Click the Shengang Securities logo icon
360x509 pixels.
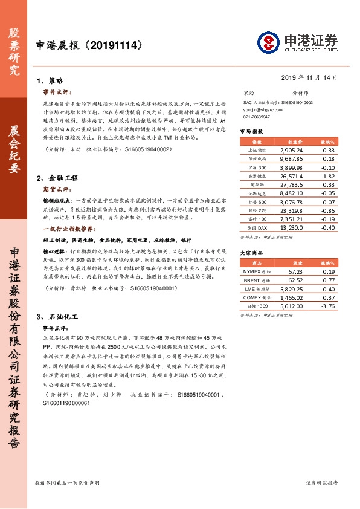268,42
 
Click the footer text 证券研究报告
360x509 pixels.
321,483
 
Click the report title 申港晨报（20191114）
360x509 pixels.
89,45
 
